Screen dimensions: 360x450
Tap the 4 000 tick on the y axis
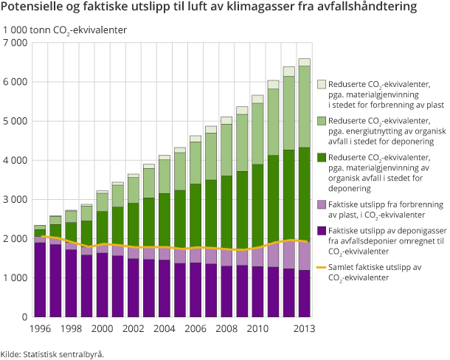point(15,160)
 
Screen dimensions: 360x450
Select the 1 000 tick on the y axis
point(15,277)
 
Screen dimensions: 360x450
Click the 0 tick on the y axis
point(24,316)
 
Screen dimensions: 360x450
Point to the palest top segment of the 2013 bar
point(304,62)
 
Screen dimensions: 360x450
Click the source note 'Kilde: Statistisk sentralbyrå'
point(52,353)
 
